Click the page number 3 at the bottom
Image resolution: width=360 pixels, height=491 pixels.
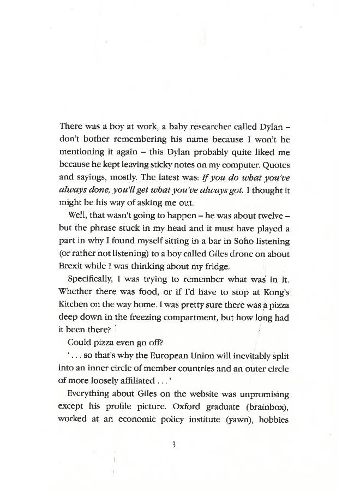(x=173, y=445)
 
